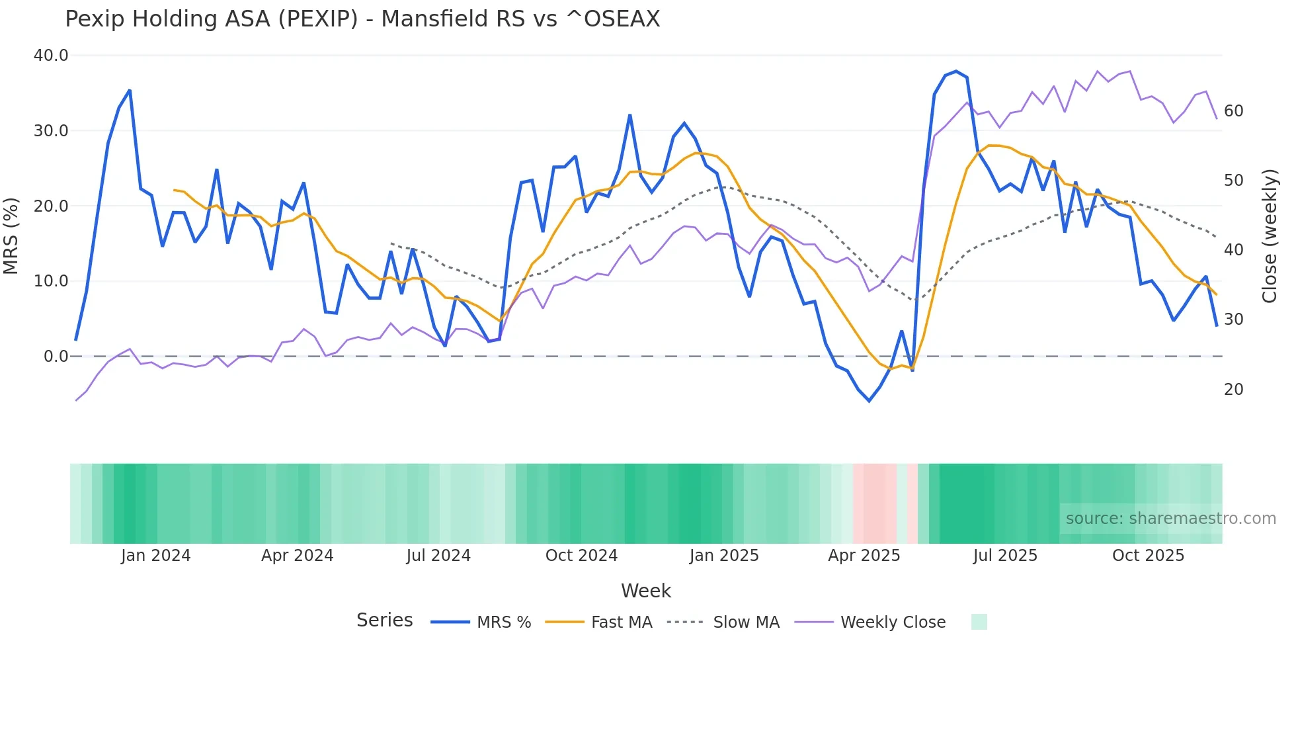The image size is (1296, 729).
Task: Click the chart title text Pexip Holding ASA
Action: point(362,19)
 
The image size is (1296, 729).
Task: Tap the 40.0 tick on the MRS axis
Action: point(51,56)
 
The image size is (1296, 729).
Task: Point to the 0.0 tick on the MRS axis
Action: point(56,357)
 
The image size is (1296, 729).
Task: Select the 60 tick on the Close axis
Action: point(1234,111)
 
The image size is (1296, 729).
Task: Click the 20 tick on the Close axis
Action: point(1234,390)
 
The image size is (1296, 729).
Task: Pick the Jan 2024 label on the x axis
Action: point(155,556)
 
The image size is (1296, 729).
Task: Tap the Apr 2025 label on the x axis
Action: point(864,556)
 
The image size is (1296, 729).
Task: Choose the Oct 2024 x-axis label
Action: point(581,556)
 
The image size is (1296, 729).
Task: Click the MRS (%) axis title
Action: point(11,236)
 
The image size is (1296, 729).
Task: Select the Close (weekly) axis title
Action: point(1269,236)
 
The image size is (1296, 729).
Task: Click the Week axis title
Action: point(645,591)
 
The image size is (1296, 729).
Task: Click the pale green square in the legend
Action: point(979,622)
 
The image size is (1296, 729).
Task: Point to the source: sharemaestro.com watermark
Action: point(1170,519)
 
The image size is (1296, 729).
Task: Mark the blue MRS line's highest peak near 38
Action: point(956,71)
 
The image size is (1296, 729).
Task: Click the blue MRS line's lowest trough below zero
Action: point(870,401)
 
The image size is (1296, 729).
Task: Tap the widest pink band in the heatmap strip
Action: point(874,503)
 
